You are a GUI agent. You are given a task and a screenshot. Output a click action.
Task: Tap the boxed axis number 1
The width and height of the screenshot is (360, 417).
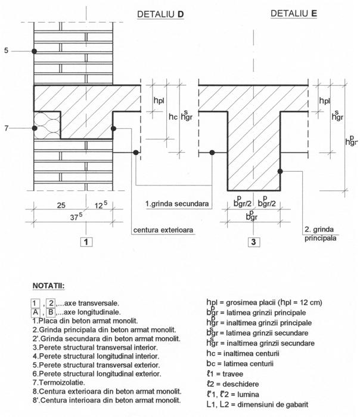[x=86, y=242]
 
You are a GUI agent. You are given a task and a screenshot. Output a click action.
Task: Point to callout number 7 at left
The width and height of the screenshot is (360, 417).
[x=6, y=128]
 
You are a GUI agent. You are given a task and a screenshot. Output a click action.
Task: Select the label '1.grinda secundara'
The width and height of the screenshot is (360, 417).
[x=177, y=204]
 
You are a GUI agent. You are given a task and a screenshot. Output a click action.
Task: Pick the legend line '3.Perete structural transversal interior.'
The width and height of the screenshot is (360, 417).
[x=90, y=347]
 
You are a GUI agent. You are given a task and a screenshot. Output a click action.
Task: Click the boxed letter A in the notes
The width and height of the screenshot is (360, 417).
[x=38, y=311]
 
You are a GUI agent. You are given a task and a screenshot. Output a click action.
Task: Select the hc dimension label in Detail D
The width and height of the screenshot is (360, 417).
[x=172, y=116]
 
